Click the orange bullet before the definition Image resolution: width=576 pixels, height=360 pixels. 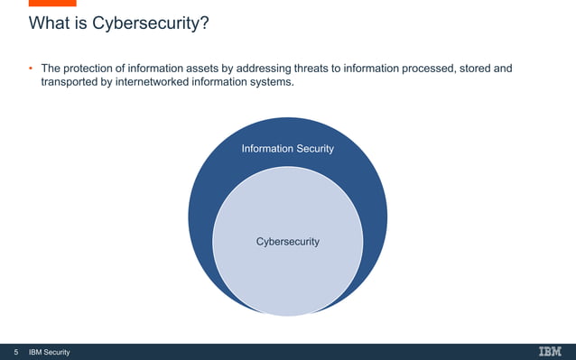[30, 69]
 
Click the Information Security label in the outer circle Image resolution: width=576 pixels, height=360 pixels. [287, 148]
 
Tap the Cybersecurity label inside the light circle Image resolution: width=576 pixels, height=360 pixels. [287, 242]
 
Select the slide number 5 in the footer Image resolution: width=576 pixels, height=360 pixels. [14, 352]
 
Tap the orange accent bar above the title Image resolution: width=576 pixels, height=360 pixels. [52, 3]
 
